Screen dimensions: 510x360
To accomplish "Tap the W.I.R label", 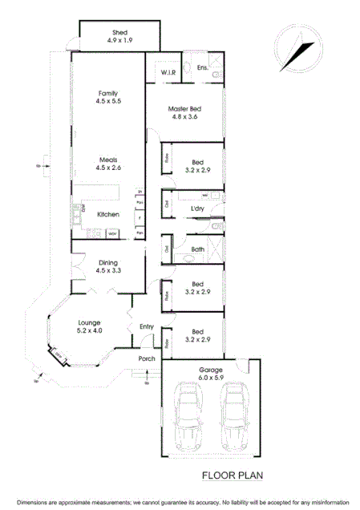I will click(168, 71).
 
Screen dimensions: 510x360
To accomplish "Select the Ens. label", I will click(203, 67).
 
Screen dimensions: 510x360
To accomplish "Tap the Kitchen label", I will click(108, 214).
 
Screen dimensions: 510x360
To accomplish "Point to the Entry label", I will click(147, 326).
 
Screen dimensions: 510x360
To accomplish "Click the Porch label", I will click(147, 358).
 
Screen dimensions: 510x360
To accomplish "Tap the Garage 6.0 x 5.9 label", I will click(212, 374).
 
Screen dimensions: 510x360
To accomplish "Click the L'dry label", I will click(197, 208).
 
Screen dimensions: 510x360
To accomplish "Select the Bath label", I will click(198, 249).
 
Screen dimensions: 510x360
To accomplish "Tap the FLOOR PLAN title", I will click(233, 475).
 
